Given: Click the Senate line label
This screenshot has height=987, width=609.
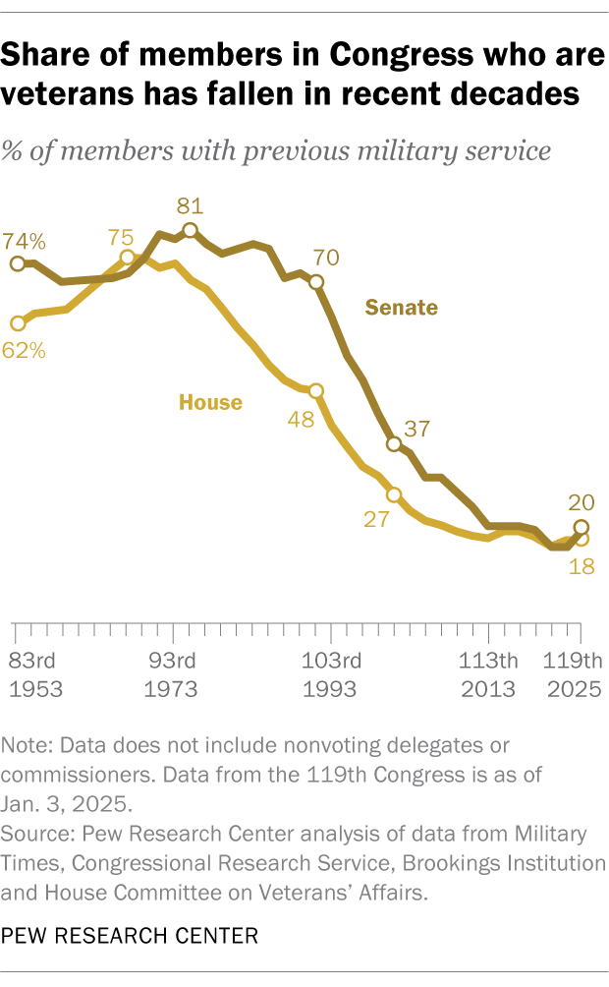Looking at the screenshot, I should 402,308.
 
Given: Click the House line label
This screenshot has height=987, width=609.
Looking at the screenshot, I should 210,401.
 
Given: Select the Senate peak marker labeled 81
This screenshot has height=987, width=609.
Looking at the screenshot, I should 190,231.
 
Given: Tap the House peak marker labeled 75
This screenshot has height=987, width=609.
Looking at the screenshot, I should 127,258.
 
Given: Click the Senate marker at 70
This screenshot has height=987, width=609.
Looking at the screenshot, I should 316,282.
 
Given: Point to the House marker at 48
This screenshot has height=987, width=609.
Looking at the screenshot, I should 316,390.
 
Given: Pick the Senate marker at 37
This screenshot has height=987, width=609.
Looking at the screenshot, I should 395,444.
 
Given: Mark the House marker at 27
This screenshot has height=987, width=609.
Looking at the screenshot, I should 395,494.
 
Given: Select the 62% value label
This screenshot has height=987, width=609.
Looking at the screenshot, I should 24,349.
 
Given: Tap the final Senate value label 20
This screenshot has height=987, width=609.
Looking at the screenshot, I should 581,502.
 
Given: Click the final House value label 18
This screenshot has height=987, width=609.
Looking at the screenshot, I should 581,567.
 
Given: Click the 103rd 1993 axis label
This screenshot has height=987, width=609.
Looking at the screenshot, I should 330,673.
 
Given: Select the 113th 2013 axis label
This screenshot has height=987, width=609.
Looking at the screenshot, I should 488,673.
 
